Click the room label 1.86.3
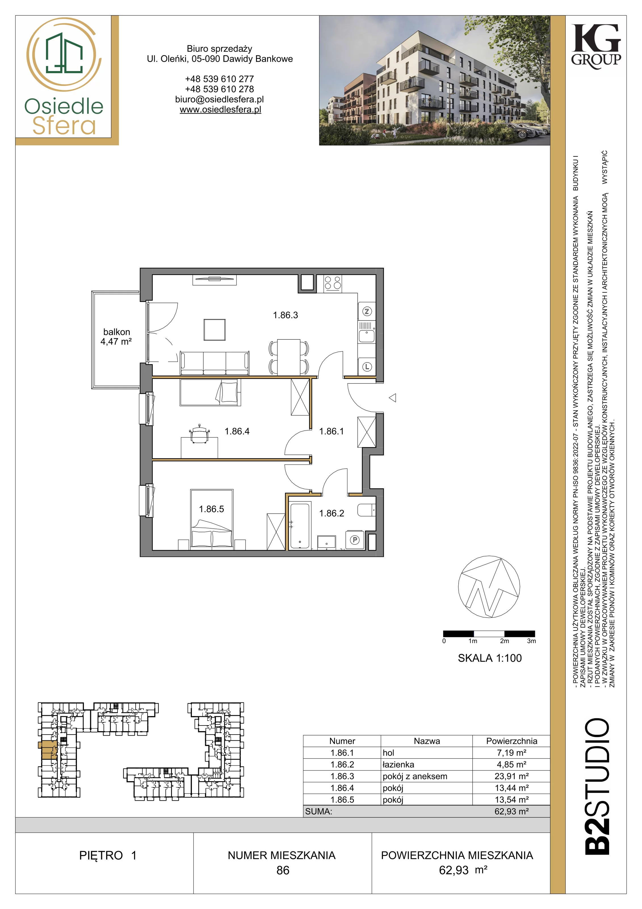(x=285, y=315)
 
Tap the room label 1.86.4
(x=237, y=431)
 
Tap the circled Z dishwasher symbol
(x=367, y=312)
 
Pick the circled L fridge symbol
(x=367, y=367)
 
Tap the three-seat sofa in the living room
(x=215, y=363)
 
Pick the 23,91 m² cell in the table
(x=511, y=776)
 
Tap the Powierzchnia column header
(x=511, y=741)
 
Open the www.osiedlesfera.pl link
(x=220, y=110)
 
